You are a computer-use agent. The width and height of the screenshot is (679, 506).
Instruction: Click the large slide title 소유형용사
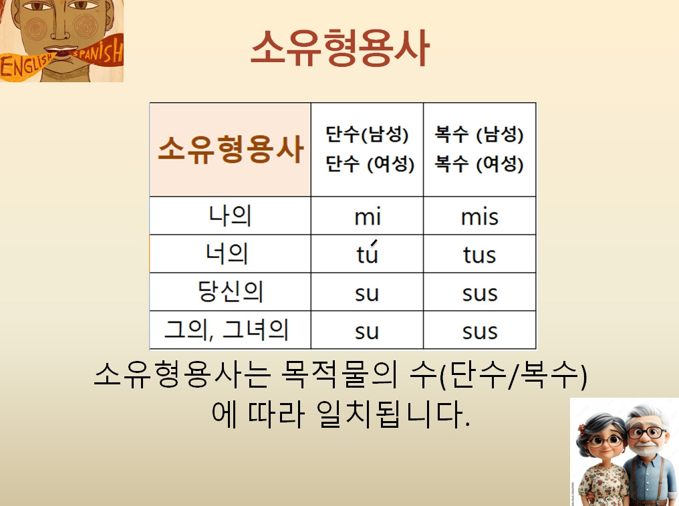tap(339, 47)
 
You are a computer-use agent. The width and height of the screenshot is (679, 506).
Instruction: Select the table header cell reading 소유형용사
tap(231, 150)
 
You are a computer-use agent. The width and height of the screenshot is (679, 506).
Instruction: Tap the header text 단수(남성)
tap(367, 135)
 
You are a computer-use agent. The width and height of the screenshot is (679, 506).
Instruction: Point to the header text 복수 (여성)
tap(479, 164)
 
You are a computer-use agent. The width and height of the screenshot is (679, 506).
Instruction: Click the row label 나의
tap(230, 217)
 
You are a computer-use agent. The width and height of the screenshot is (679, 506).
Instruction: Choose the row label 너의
tap(230, 255)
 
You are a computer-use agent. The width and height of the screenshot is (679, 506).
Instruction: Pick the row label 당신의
tap(230, 293)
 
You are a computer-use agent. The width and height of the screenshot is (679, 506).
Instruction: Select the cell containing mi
tap(367, 217)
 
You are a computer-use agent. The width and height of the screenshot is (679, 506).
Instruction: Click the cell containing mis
tap(479, 217)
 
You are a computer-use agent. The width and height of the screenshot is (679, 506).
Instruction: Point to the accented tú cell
tap(367, 254)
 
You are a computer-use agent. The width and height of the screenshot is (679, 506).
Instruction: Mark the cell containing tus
tap(479, 255)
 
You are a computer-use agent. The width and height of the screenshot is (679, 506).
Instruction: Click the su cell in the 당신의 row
tap(367, 293)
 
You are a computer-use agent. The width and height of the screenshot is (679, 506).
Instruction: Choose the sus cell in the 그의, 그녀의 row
tap(479, 331)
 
